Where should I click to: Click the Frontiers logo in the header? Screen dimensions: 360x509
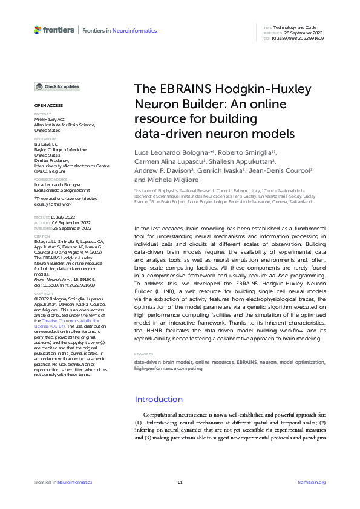click(x=54, y=30)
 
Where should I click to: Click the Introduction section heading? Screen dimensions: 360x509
click(x=159, y=399)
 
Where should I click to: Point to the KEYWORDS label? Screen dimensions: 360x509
click(x=143, y=354)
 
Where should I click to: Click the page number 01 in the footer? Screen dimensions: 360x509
click(x=180, y=482)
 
